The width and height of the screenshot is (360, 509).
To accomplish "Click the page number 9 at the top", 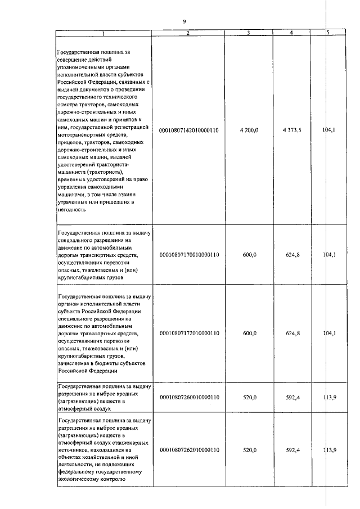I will [x=184, y=21].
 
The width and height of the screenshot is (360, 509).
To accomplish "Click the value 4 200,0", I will [x=249, y=130].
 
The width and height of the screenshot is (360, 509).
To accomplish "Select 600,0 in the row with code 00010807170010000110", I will [x=250, y=255].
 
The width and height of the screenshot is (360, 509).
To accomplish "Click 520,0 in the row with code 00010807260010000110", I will [x=250, y=397].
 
